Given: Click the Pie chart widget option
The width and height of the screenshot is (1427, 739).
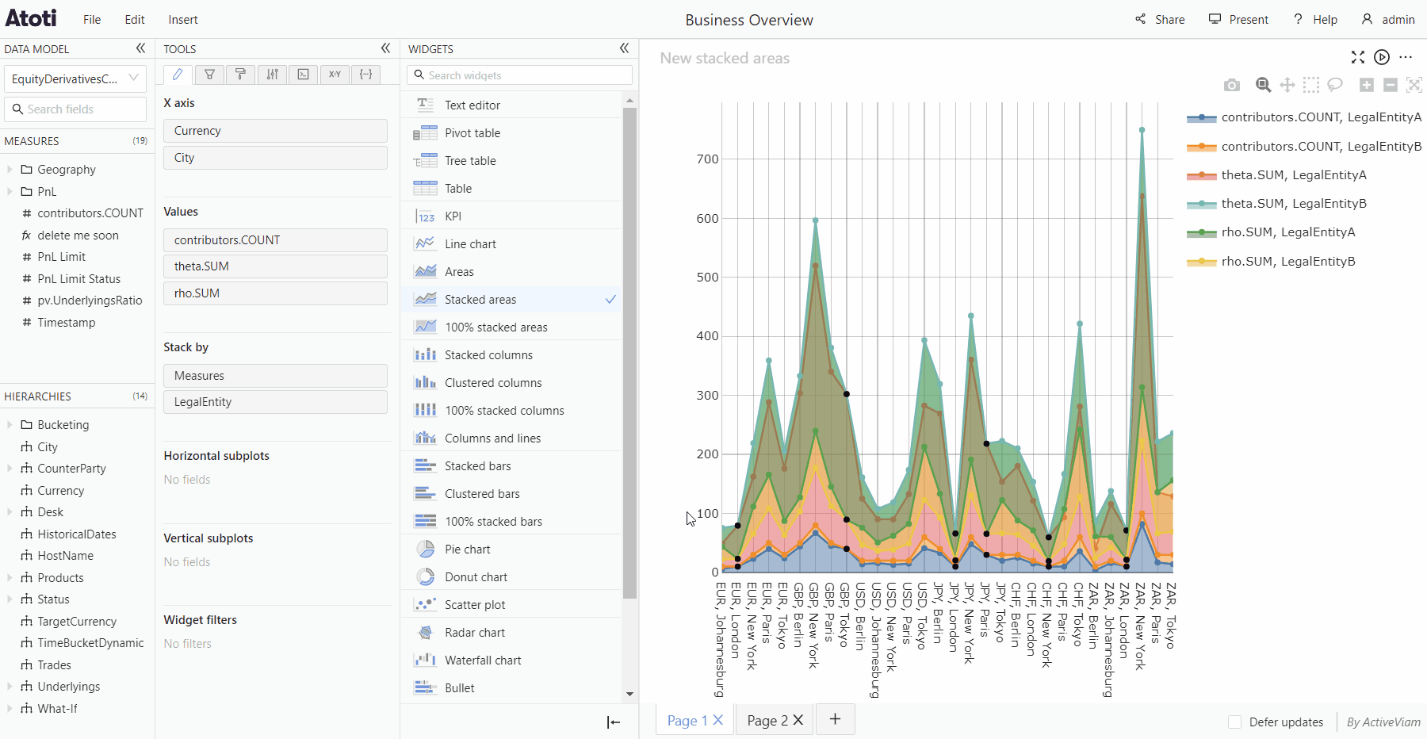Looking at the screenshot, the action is (467, 549).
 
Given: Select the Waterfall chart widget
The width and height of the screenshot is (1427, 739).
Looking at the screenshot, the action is (483, 661).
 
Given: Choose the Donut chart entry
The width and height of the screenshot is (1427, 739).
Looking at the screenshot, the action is (476, 577).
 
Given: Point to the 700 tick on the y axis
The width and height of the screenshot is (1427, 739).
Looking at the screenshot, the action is (707, 159).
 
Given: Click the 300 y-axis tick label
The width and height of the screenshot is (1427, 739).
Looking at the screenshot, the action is (707, 396).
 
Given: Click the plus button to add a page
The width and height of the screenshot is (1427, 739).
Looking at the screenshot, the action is (835, 719).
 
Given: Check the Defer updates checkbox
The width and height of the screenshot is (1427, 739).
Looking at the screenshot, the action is (1234, 722).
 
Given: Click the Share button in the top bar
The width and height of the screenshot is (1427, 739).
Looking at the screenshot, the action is (1160, 19).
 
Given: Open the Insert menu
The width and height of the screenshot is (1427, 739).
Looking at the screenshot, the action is (183, 20).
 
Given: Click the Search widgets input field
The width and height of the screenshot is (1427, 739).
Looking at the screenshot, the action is (520, 75).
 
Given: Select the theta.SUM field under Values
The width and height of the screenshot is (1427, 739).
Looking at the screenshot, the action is (275, 266).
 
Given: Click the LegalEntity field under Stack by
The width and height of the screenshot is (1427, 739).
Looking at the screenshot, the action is (275, 402).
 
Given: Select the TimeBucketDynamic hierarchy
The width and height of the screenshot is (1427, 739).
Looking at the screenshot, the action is (90, 643).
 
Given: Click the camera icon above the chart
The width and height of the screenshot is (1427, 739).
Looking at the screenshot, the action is (1231, 85).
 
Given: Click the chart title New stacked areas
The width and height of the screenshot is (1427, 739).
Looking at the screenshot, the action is (725, 58).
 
